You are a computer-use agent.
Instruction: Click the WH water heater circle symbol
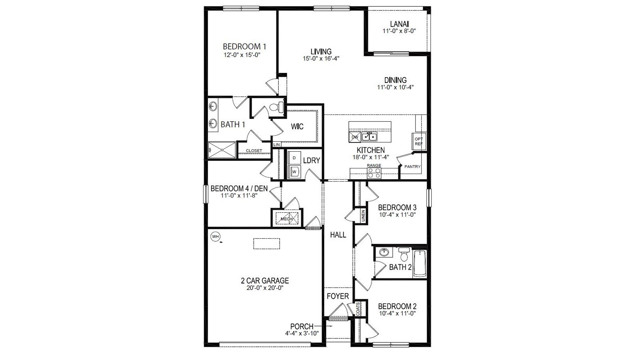point(216,236)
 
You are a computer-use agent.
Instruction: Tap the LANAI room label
point(399,24)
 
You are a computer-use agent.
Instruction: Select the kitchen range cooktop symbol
point(374,173)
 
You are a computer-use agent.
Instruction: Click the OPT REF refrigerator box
point(419,141)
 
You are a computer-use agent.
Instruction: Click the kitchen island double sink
point(370,137)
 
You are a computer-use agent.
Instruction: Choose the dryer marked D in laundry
point(294,158)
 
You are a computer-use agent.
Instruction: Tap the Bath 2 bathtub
point(420,263)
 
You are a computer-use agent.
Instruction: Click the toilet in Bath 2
point(404,255)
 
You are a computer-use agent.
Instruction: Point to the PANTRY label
point(412,166)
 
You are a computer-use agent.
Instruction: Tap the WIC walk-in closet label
point(297,127)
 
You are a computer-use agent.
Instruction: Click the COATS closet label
point(358,309)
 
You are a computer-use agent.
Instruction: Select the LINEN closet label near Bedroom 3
point(363,216)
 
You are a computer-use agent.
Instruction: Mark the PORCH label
point(302,326)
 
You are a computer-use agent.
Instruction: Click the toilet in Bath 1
point(276,108)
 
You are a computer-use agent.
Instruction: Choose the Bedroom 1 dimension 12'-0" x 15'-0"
point(242,55)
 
